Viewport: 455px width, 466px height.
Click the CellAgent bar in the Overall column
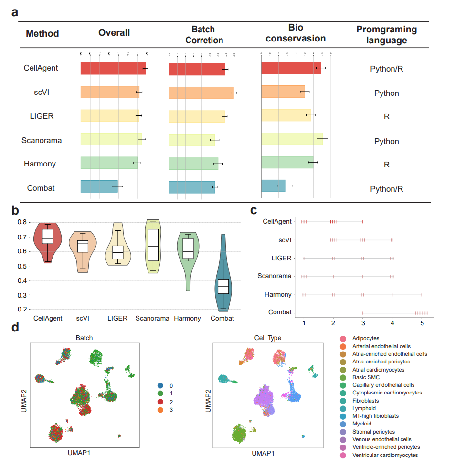coord(113,68)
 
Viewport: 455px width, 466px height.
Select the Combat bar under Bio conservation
coord(273,186)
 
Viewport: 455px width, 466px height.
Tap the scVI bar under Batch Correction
coord(201,93)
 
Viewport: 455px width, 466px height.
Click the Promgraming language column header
coord(386,35)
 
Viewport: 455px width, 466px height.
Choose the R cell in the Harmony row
coord(387,165)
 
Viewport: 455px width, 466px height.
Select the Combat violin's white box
coord(223,287)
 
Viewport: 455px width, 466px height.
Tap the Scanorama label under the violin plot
coord(152,318)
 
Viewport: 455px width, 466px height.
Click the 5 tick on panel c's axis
coord(422,323)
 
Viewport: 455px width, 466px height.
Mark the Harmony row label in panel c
coord(278,294)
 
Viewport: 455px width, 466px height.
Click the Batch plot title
coord(84,338)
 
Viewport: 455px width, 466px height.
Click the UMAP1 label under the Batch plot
coord(79,452)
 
